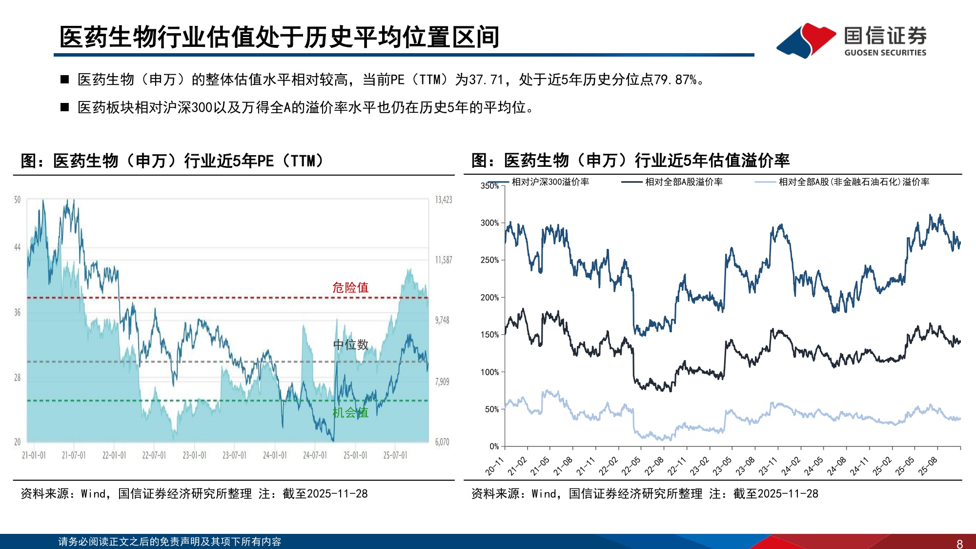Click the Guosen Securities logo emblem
click(x=806, y=40)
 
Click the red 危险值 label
click(x=350, y=287)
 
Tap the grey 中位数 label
click(x=350, y=345)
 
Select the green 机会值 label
click(x=350, y=413)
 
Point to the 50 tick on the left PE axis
click(x=18, y=200)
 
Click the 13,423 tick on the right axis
click(x=443, y=200)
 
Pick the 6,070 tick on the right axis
click(x=442, y=442)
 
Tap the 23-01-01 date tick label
click(x=194, y=455)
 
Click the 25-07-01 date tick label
click(x=395, y=455)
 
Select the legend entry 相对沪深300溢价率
click(x=550, y=182)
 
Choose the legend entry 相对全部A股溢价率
click(x=683, y=182)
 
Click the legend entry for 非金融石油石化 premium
click(x=854, y=182)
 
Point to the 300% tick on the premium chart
click(x=489, y=223)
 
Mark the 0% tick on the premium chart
click(x=494, y=447)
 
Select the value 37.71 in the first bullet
click(x=486, y=80)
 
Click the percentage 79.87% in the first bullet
click(x=675, y=80)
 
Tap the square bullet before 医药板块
click(x=65, y=107)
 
